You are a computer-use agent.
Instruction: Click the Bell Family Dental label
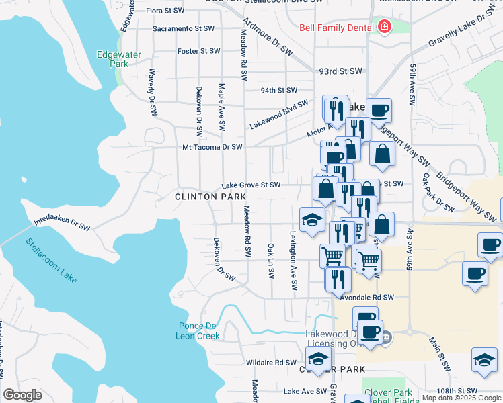click(x=336, y=28)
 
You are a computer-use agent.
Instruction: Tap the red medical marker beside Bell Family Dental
click(x=384, y=28)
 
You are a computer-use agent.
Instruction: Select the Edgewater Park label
click(x=112, y=60)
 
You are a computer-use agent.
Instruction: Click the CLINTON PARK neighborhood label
click(x=206, y=197)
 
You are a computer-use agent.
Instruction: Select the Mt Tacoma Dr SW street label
click(x=212, y=147)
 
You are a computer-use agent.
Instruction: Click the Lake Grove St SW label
click(x=251, y=185)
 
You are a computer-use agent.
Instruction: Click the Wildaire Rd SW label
click(x=271, y=362)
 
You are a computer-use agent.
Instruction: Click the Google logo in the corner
click(x=22, y=395)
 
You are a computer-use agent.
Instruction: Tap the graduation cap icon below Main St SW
click(x=484, y=361)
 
